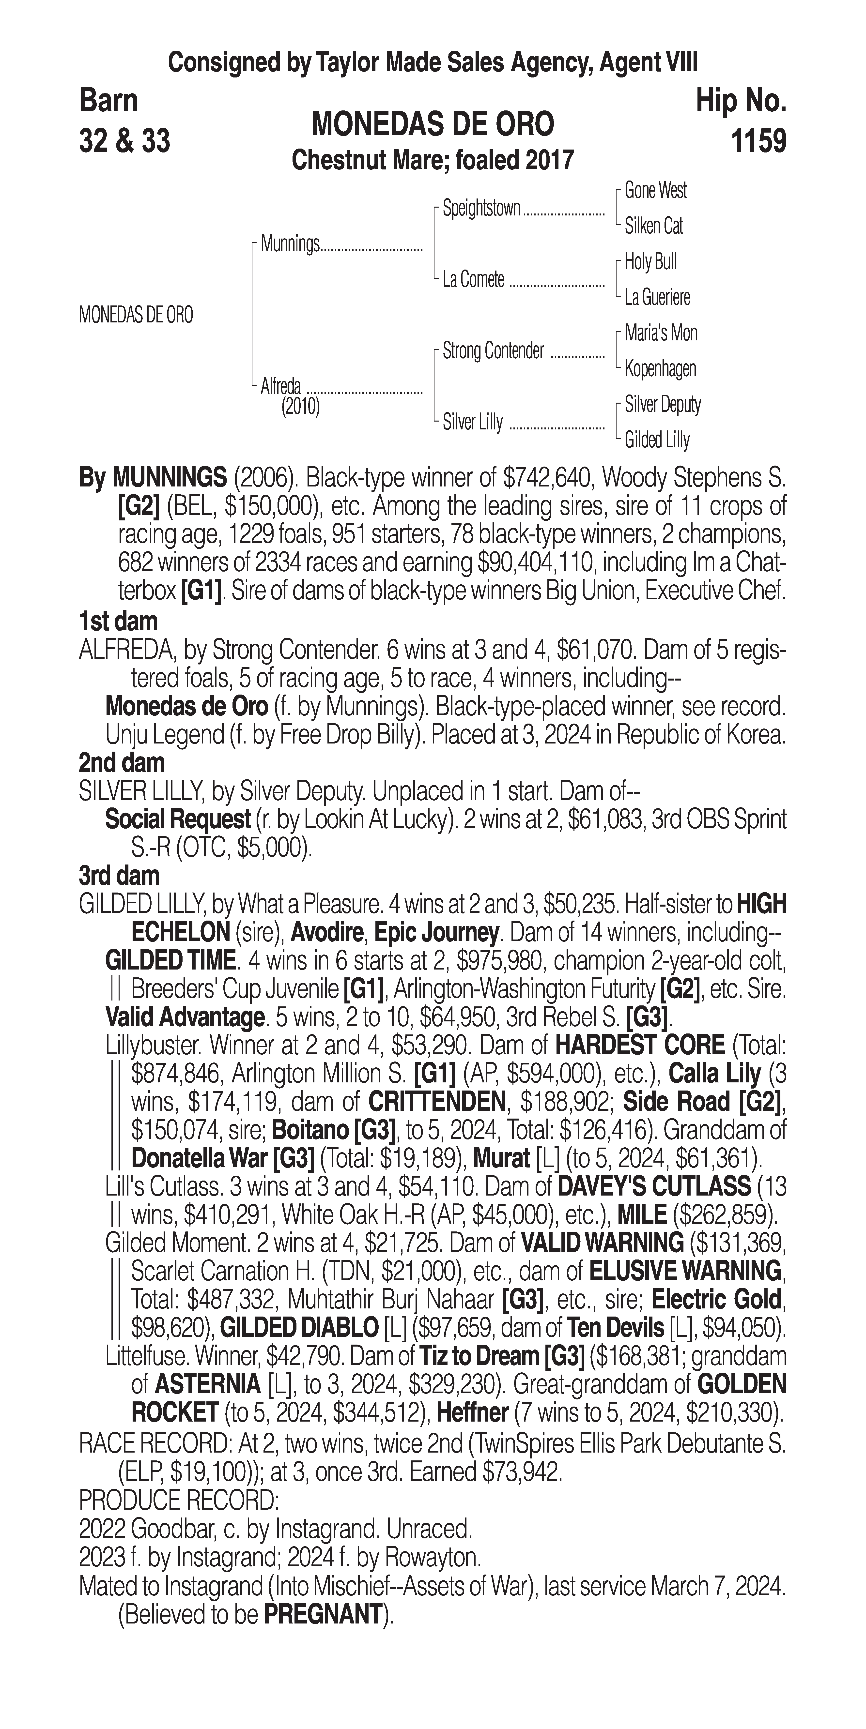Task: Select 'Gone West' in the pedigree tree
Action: [x=655, y=191]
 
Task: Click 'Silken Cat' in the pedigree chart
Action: [x=653, y=226]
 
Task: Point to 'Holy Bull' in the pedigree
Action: [x=650, y=262]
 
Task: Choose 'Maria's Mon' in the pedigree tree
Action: [x=661, y=333]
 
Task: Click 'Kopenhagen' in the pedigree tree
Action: [x=660, y=368]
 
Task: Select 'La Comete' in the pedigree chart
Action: [x=473, y=280]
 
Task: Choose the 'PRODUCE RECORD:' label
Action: [x=179, y=1500]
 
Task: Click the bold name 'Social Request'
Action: [x=178, y=819]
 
